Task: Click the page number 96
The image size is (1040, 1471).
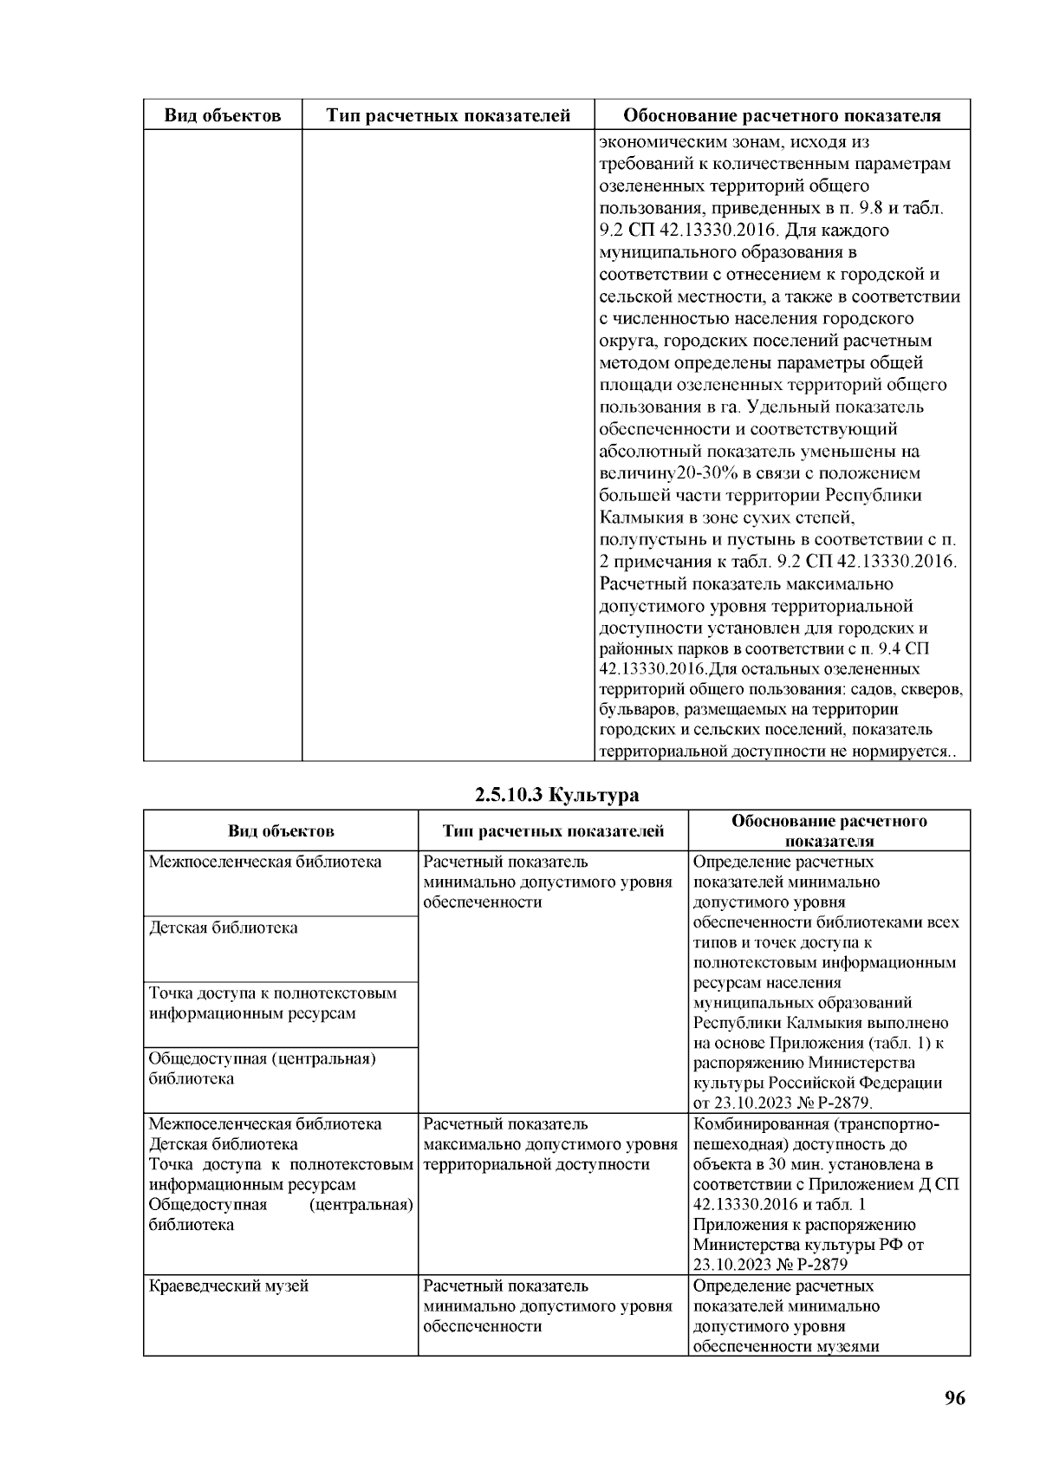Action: point(954,1398)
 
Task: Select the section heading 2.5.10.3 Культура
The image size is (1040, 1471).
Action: point(556,795)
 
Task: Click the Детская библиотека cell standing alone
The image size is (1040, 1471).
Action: point(224,928)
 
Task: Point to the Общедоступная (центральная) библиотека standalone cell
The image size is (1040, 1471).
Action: point(262,1068)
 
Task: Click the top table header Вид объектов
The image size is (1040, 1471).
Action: point(223,115)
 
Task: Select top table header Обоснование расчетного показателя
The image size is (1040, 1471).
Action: point(783,115)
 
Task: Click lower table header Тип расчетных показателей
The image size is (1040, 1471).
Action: point(553,831)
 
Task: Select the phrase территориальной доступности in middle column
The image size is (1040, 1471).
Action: point(536,1164)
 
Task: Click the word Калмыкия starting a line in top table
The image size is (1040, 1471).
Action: point(637,517)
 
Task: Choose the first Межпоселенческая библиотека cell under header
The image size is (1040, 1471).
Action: point(265,862)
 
